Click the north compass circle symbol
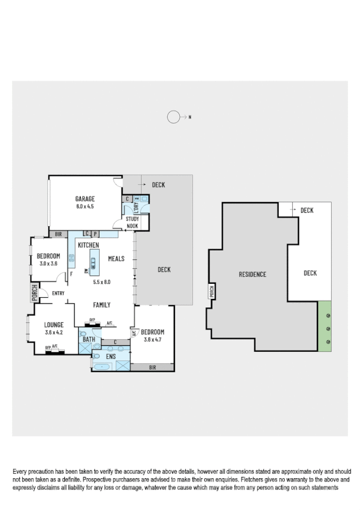click(x=174, y=117)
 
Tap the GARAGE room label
click(x=85, y=198)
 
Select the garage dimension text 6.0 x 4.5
click(x=85, y=206)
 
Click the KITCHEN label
click(x=88, y=245)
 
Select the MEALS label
click(x=116, y=259)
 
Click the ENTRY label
click(x=58, y=293)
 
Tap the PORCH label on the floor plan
click(x=34, y=293)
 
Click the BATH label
click(x=89, y=340)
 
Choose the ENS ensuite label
click(x=111, y=357)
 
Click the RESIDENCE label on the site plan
click(x=252, y=274)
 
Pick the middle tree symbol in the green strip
click(x=327, y=328)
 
